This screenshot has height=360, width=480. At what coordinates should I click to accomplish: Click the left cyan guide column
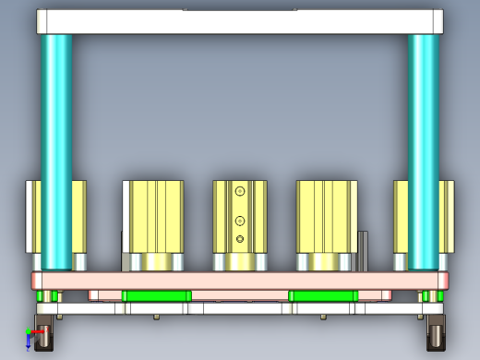[x=56, y=148]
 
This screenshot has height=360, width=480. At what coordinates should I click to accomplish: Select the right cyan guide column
[x=424, y=148]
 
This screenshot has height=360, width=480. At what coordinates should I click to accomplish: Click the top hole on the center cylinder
[x=240, y=191]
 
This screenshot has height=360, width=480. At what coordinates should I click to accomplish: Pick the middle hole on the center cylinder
[x=240, y=221]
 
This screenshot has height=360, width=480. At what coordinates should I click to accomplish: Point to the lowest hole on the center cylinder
[x=240, y=239]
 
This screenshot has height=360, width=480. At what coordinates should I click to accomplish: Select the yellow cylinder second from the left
[x=154, y=217]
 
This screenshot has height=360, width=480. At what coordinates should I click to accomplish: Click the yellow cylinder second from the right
[x=327, y=217]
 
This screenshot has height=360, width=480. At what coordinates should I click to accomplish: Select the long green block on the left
[x=156, y=295]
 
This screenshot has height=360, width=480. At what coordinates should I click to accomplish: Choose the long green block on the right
[x=323, y=295]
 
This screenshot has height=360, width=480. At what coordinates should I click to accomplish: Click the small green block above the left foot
[x=47, y=296]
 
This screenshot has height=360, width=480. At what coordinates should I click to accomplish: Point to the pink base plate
[x=240, y=280]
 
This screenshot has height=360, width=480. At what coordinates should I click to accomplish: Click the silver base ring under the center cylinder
[x=240, y=263]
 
